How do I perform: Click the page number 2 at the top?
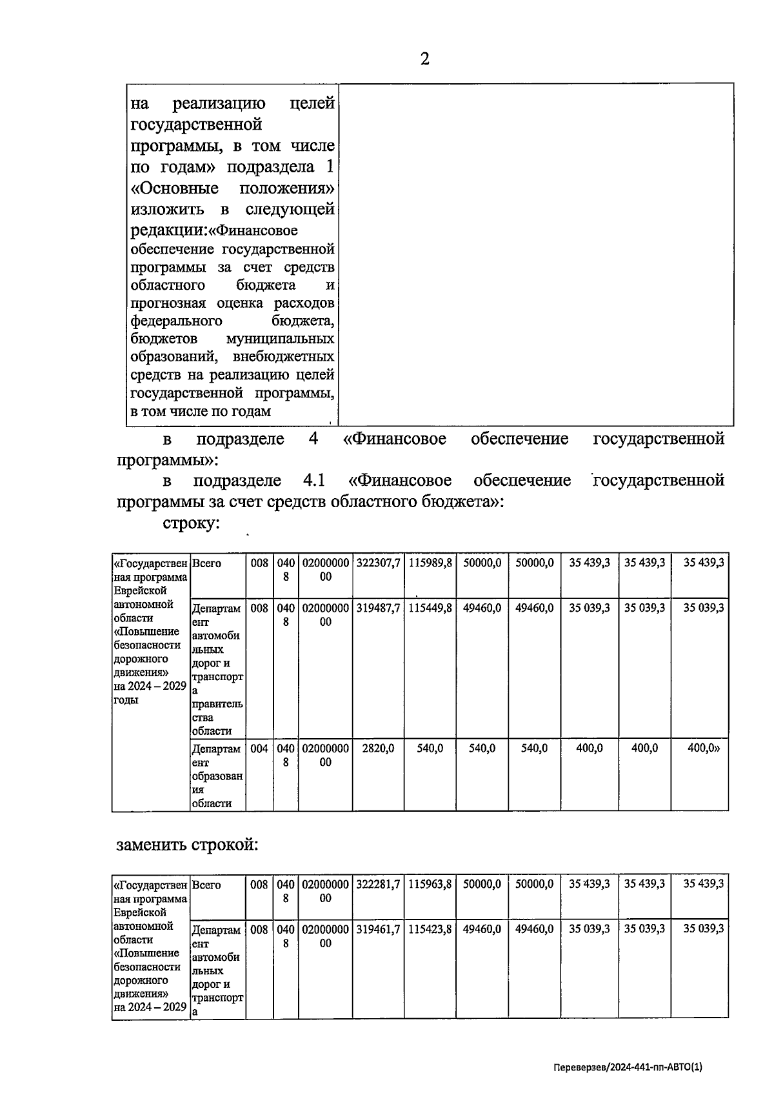pos(424,59)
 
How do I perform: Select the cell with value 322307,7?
pos(378,563)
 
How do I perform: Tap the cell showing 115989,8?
pos(430,563)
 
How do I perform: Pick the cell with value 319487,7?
pos(378,608)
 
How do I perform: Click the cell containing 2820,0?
pos(378,748)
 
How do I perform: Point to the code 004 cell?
pos(259,748)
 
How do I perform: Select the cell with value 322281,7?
pos(378,885)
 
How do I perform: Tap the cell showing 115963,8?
pos(430,885)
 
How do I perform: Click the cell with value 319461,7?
pos(378,929)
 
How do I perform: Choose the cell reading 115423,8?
pos(430,929)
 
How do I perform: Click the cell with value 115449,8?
pos(430,608)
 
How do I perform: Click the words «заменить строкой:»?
pos(187,845)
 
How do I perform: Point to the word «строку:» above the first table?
pos(192,523)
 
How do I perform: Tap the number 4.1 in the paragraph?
pos(313,481)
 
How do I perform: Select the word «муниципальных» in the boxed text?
pos(281,339)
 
